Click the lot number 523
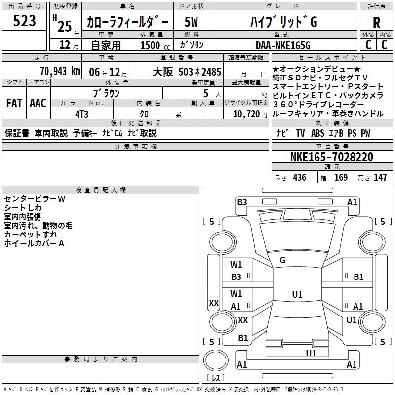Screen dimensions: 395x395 24,21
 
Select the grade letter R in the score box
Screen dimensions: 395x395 376,23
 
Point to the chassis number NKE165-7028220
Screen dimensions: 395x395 332,157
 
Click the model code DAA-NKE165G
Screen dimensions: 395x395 279,45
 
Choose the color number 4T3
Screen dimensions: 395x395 82,113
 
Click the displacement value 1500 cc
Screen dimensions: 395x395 155,45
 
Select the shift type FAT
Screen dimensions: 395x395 14,103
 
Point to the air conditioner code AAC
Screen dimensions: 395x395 38,103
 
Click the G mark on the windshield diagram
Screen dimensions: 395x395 282,260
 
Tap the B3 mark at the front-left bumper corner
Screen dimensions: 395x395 241,202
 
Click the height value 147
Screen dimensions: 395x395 380,178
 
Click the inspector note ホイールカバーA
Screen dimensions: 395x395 34,243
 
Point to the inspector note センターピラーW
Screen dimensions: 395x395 35,199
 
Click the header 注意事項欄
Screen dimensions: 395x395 135,147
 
